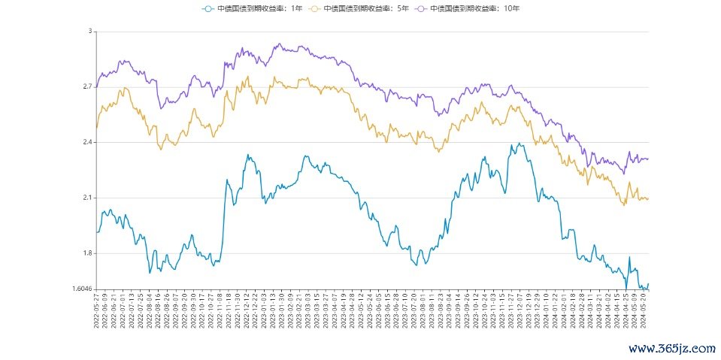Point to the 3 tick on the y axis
(89, 32)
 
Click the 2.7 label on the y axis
(86, 87)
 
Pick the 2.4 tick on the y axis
(86, 143)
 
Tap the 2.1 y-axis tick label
(86, 198)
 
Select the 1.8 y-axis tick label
(86, 253)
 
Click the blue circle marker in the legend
(208, 8)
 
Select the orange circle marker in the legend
(314, 8)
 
